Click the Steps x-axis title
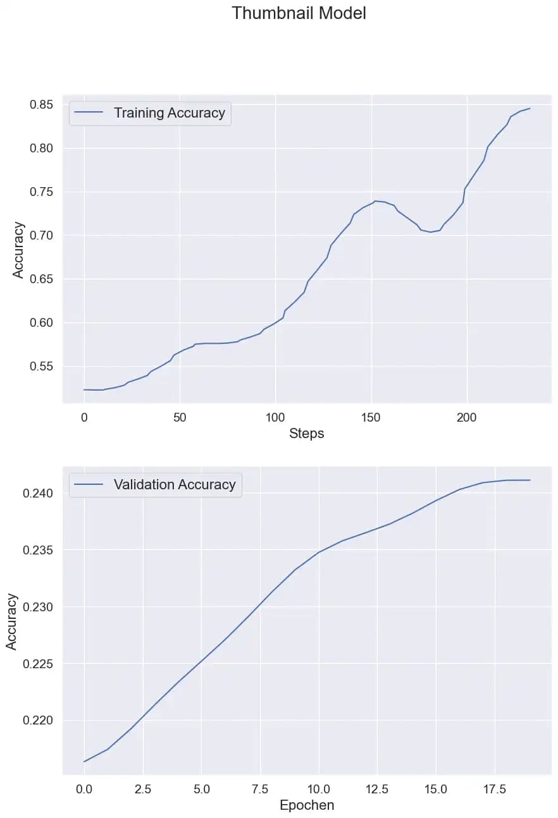click(x=307, y=434)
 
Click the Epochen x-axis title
click(x=307, y=805)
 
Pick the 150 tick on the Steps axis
click(x=371, y=417)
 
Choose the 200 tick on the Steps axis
click(x=467, y=417)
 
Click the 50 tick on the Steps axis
click(x=180, y=417)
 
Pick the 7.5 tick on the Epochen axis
click(x=259, y=789)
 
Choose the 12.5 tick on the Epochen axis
click(x=377, y=789)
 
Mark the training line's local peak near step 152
click(x=375, y=201)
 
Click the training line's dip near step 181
click(x=431, y=232)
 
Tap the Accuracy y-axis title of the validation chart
click(x=12, y=621)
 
